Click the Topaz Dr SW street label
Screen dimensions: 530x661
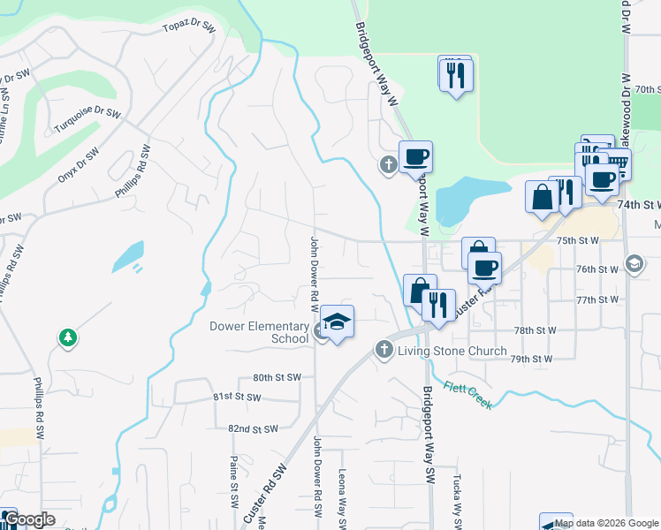tap(188, 28)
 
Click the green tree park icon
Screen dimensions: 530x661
tap(67, 337)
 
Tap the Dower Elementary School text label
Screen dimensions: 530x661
tap(259, 332)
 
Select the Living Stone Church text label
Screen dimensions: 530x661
tap(452, 351)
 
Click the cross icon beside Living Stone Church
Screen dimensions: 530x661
tap(384, 350)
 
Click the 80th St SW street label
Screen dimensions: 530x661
tap(277, 377)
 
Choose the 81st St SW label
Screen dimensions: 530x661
tap(237, 397)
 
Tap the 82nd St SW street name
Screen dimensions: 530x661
tap(253, 428)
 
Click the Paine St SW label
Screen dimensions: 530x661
tap(234, 505)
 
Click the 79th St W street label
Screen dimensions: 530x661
tap(533, 360)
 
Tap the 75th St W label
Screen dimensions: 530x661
tap(578, 240)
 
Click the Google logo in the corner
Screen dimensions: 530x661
tap(29, 519)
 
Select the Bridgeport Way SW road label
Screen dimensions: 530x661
tap(429, 433)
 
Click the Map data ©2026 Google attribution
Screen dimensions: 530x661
tap(606, 523)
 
